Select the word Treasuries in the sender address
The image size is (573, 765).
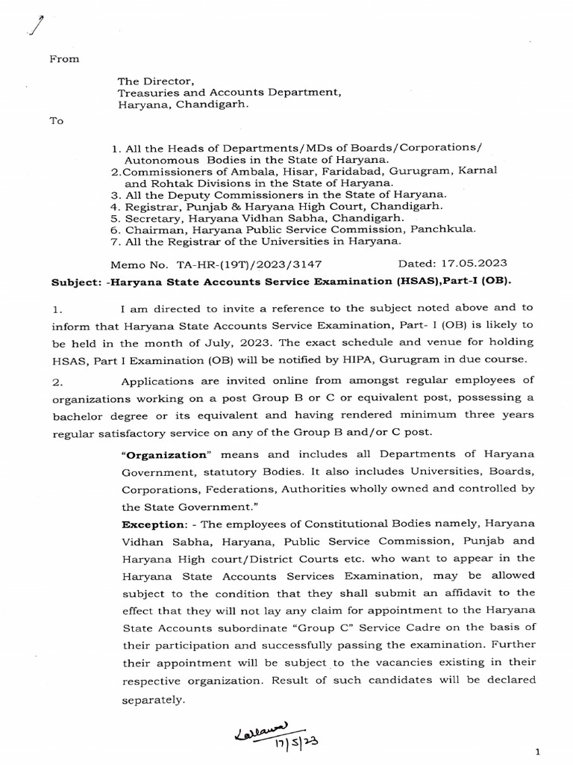145,93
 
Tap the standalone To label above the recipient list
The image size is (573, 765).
57,121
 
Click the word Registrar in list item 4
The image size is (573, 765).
149,205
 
